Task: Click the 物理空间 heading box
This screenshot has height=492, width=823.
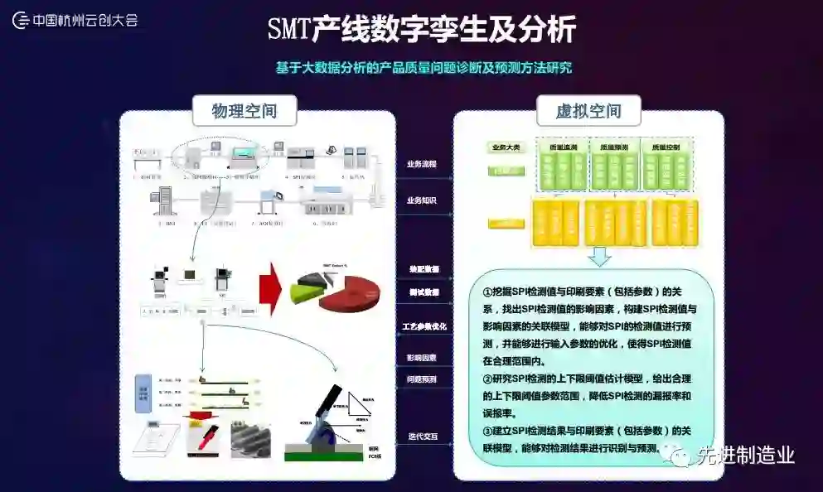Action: (x=244, y=110)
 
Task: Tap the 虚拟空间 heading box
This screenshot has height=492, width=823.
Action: (x=588, y=111)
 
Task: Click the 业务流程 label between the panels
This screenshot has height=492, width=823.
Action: (x=422, y=164)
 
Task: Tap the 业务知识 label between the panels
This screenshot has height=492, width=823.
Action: (x=422, y=200)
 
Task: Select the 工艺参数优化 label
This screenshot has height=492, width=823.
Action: (x=424, y=326)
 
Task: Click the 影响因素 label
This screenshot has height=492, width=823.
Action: (x=422, y=358)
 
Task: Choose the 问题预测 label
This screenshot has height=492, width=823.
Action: (x=422, y=379)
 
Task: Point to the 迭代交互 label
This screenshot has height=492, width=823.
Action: (x=422, y=436)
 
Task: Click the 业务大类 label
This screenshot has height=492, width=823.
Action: (x=506, y=147)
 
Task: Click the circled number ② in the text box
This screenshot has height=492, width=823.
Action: (x=487, y=379)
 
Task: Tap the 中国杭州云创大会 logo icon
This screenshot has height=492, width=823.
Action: (x=21, y=20)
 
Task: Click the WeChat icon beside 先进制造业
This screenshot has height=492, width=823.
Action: (x=681, y=455)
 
